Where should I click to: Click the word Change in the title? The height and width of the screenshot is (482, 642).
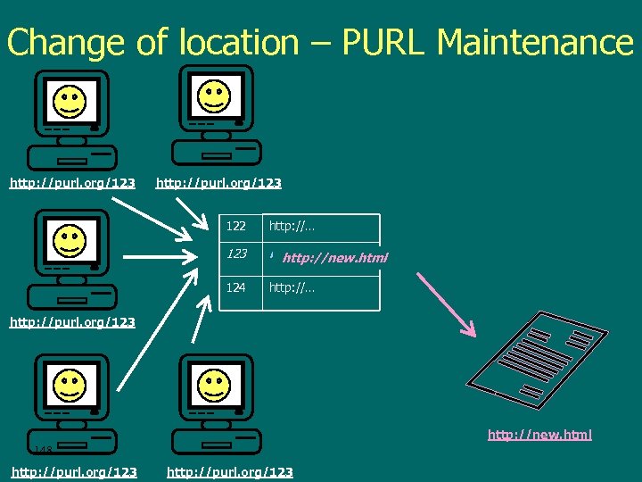pos(63,43)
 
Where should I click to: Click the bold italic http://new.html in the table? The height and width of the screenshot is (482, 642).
pos(334,259)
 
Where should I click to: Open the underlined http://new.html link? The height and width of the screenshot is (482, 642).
pos(539,435)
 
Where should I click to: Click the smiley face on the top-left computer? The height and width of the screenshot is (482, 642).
pos(70,101)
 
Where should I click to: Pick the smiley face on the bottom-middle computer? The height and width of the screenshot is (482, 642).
pos(214,386)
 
